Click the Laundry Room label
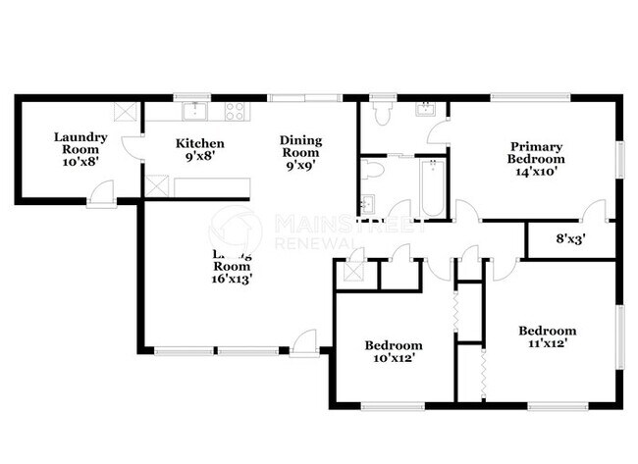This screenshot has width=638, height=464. (80, 144)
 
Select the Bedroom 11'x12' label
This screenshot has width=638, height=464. (547, 336)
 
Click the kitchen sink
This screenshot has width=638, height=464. (196, 109)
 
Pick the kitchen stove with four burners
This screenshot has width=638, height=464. (236, 111)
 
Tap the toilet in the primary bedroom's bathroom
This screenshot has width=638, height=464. (383, 113)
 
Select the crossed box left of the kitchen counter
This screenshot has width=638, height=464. (156, 184)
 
